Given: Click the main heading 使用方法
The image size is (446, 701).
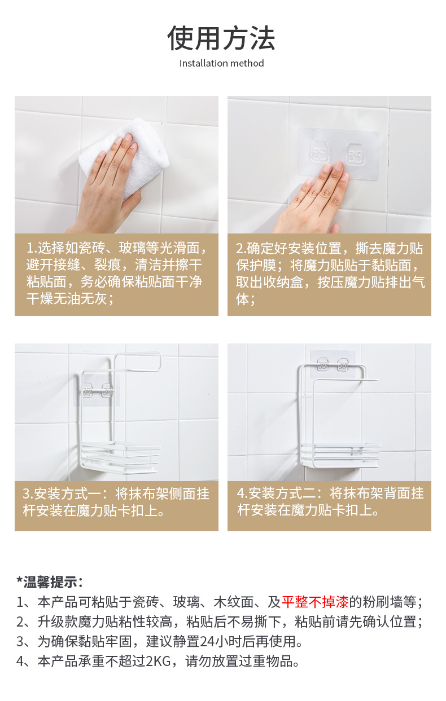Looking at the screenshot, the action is coord(221,38).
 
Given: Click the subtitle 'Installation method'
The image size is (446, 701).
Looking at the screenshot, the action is coord(221,63).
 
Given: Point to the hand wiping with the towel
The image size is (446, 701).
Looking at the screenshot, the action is coord(107,188).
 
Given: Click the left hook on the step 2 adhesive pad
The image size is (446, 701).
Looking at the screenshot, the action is coord(320,153).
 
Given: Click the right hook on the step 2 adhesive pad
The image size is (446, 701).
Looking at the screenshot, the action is coord(355,154).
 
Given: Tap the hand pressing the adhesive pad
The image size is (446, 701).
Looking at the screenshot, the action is coord(313,200).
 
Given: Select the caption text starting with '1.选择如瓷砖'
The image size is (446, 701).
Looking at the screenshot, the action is coord(117,273).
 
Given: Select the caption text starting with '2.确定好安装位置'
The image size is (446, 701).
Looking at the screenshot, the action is coord(330,274).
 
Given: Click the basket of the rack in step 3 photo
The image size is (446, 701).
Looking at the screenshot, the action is coord(120,456).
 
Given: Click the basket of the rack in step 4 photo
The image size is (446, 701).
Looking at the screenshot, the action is coord(341,456).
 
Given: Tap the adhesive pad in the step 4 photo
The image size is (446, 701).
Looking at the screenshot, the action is coord(333,364).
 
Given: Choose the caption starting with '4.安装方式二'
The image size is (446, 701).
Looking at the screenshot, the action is coord(330,502).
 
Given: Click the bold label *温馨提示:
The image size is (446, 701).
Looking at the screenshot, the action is coord(50,582).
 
